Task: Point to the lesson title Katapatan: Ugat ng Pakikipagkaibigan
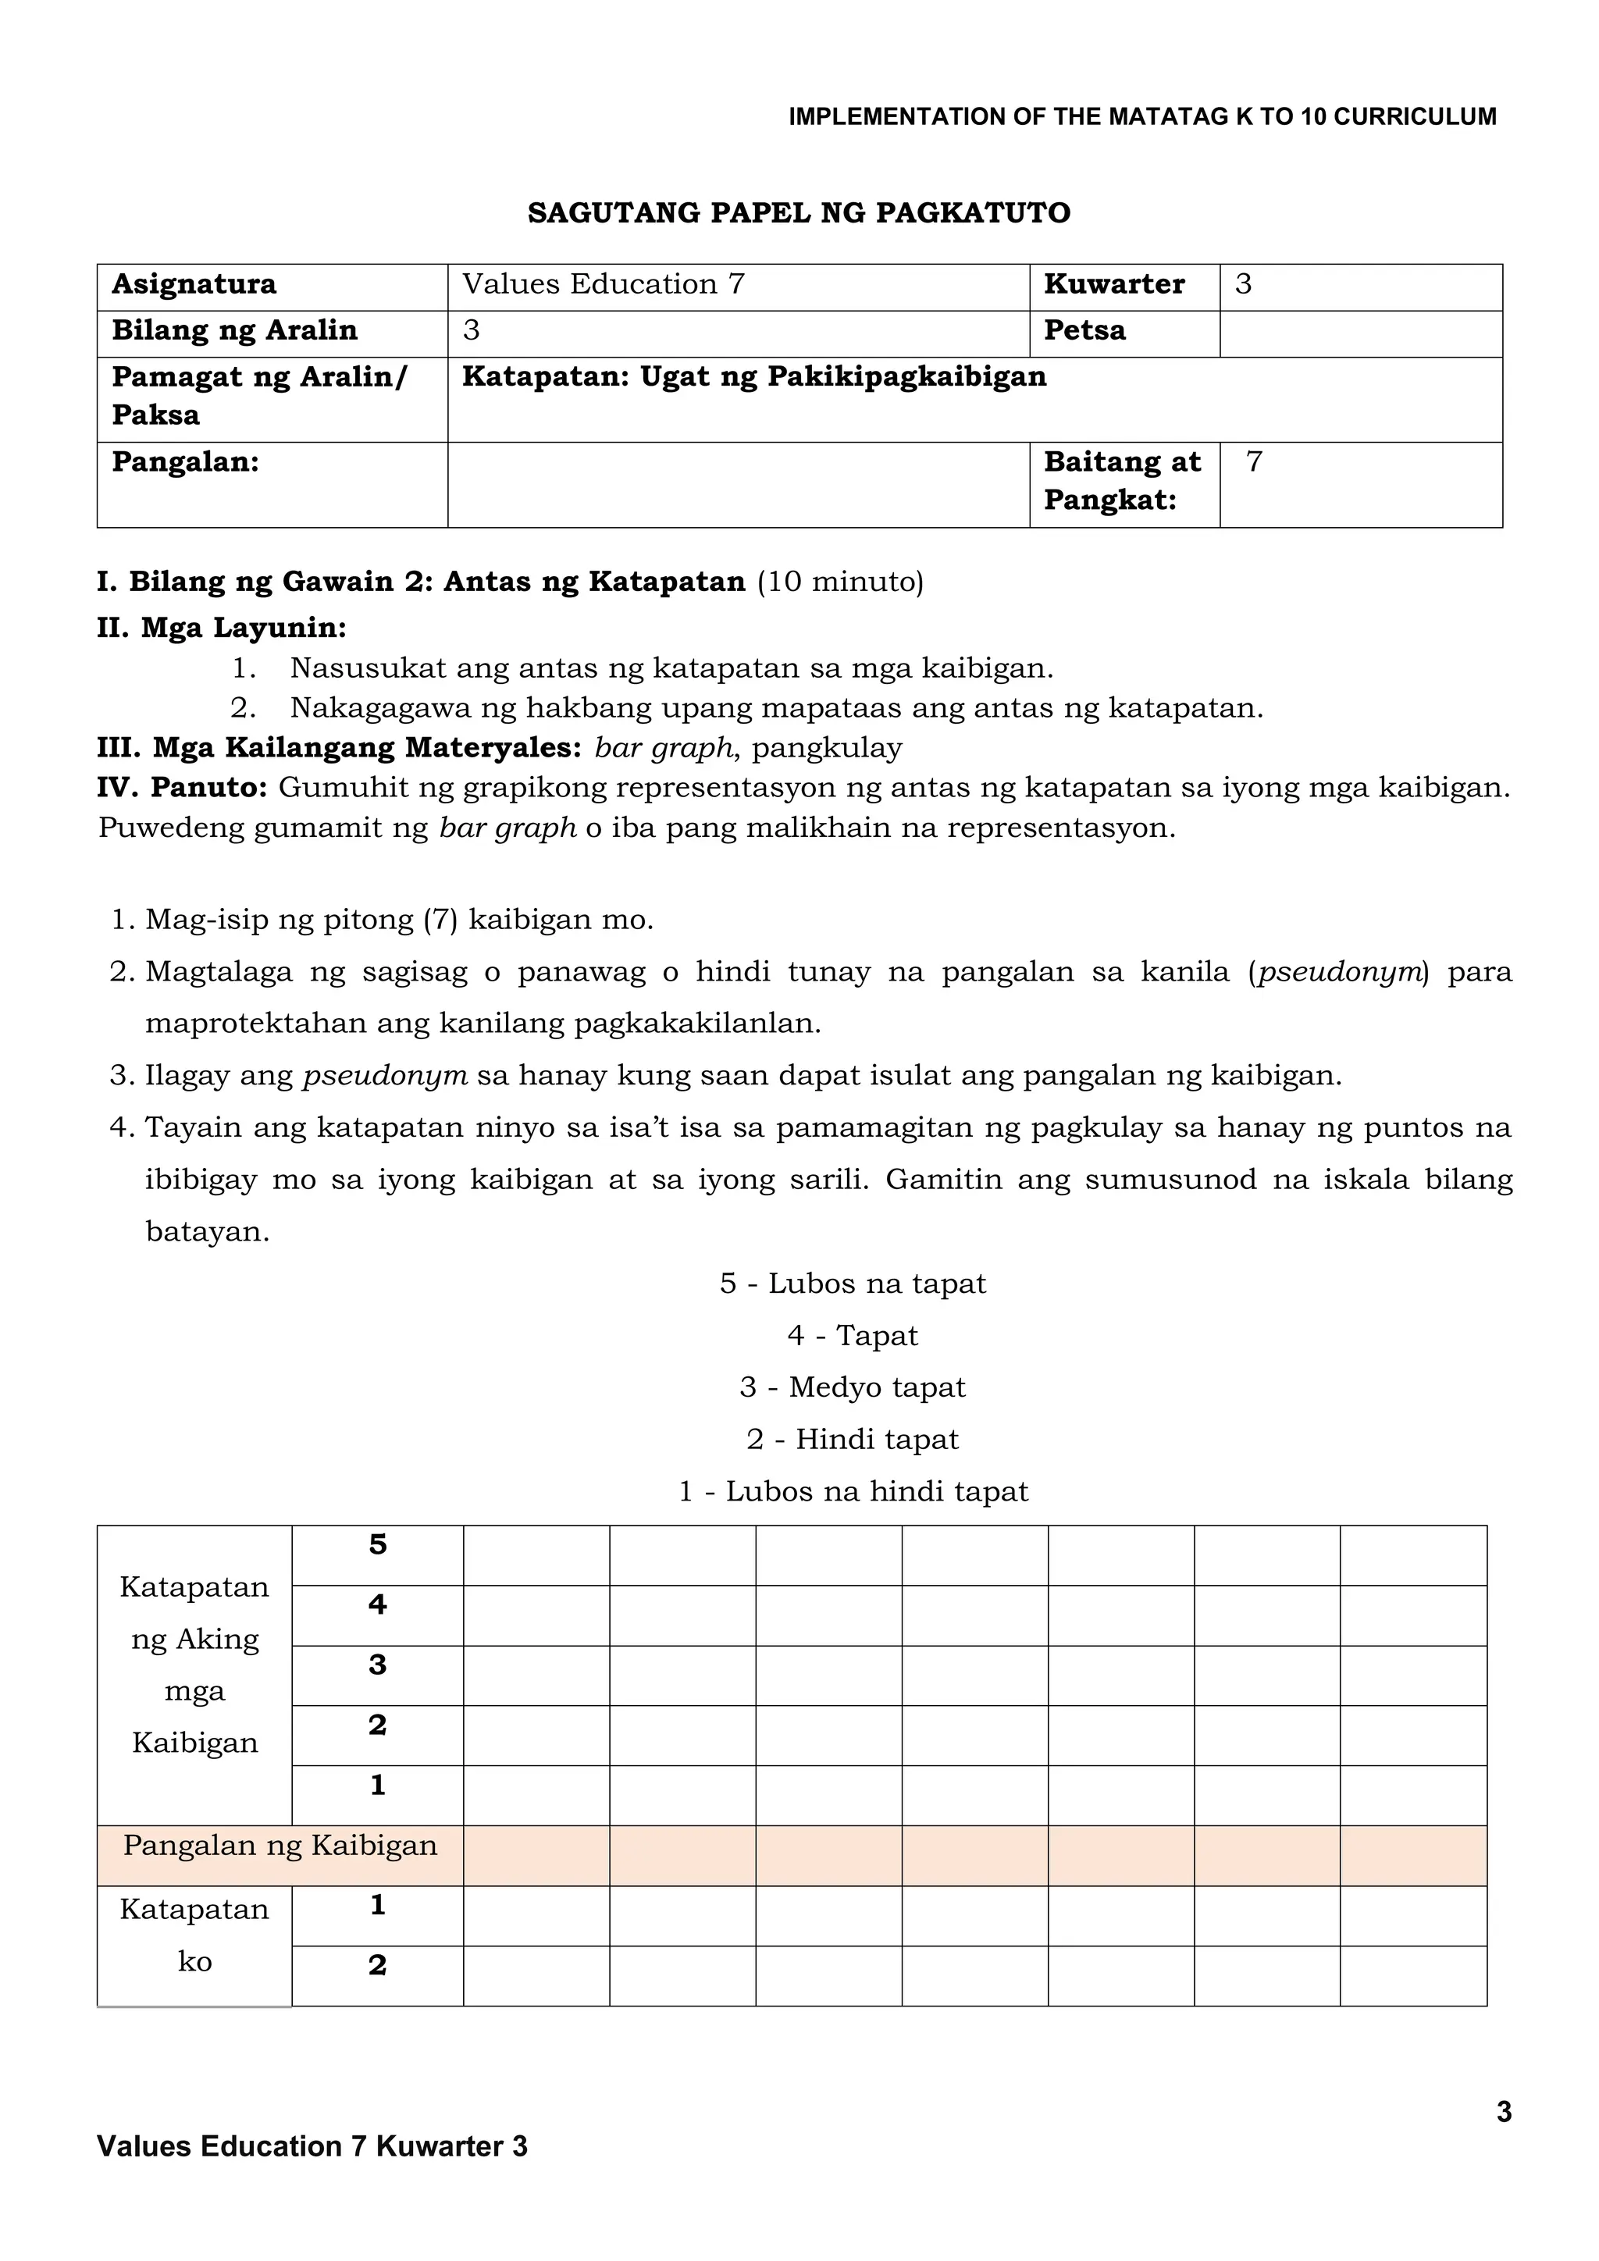click(x=754, y=377)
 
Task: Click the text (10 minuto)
click(x=840, y=582)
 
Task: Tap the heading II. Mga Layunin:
click(x=222, y=627)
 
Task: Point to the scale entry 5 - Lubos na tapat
click(x=853, y=1284)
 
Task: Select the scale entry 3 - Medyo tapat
click(x=853, y=1387)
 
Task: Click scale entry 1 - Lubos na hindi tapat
click(x=853, y=1491)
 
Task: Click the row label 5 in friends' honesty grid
click(x=377, y=1545)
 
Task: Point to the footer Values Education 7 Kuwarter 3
click(x=312, y=2145)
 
